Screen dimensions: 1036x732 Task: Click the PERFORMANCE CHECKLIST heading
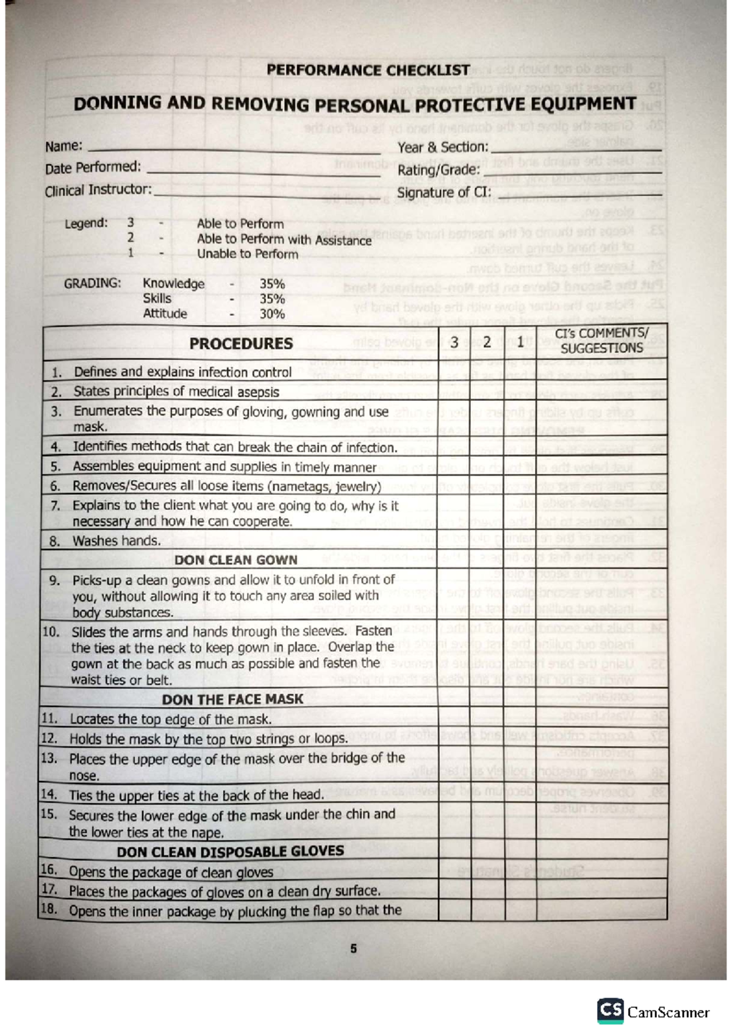pyautogui.click(x=368, y=70)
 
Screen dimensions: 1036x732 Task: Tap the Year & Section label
pyautogui.click(x=443, y=147)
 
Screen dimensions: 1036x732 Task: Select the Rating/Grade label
pyautogui.click(x=439, y=170)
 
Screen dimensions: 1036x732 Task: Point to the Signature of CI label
pyautogui.click(x=443, y=193)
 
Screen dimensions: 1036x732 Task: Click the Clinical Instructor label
pyautogui.click(x=98, y=190)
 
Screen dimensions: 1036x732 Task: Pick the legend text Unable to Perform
pyautogui.click(x=247, y=254)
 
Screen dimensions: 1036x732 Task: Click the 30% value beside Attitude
pyautogui.click(x=272, y=314)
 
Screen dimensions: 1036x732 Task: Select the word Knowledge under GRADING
pyautogui.click(x=173, y=284)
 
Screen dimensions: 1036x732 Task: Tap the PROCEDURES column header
pyautogui.click(x=241, y=344)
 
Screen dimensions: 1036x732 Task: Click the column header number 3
pyautogui.click(x=454, y=343)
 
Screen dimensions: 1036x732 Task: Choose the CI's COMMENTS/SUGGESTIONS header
pyautogui.click(x=601, y=341)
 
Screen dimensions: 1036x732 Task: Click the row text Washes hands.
pyautogui.click(x=117, y=541)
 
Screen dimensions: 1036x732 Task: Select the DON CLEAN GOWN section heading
pyautogui.click(x=235, y=560)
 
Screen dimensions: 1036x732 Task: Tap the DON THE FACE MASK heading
pyautogui.click(x=232, y=699)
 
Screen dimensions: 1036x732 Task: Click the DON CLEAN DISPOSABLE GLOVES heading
pyautogui.click(x=230, y=851)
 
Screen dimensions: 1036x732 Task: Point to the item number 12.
pyautogui.click(x=49, y=738)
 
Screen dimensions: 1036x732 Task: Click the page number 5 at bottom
pyautogui.click(x=353, y=949)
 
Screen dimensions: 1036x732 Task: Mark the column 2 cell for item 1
pyautogui.click(x=487, y=372)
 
